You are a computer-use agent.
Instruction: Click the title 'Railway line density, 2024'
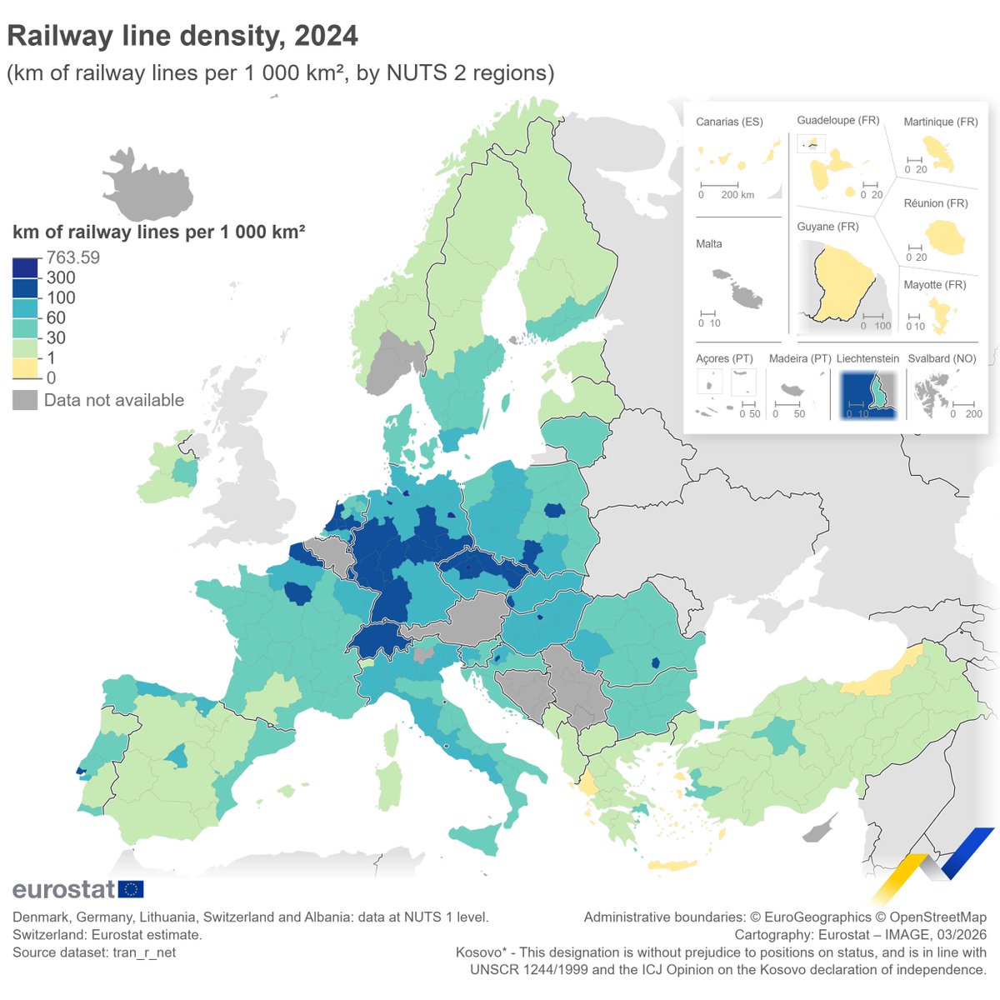[182, 36]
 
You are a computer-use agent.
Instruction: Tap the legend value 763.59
[73, 257]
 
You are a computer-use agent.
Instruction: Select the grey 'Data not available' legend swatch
[25, 400]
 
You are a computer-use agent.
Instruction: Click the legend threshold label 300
[61, 277]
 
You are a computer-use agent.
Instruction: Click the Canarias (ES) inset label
[729, 122]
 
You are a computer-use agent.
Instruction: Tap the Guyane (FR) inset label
[827, 227]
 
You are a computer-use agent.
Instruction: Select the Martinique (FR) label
[941, 122]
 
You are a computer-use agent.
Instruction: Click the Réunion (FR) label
[936, 203]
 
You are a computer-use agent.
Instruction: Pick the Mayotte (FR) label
[935, 285]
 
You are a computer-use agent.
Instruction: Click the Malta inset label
[709, 244]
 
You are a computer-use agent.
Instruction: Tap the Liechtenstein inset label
[867, 358]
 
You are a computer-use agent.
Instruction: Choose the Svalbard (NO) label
[942, 358]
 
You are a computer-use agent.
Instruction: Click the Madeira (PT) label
[800, 358]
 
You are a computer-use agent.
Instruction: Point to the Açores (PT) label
[724, 358]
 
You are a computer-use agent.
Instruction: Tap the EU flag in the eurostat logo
[131, 889]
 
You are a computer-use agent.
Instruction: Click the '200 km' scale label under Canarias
[737, 195]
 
